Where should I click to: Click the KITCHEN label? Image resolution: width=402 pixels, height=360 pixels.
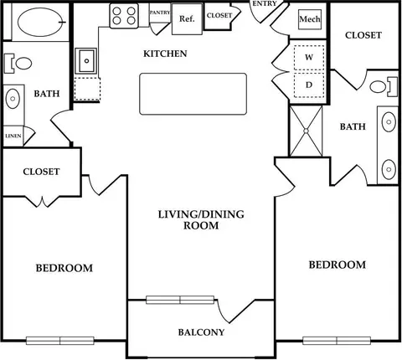165,54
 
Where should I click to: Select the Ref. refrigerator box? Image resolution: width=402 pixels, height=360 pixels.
187,19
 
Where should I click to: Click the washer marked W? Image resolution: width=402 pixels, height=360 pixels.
309,58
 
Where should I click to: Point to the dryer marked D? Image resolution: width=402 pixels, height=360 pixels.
309,85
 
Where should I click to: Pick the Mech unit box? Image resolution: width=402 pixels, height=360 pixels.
310,19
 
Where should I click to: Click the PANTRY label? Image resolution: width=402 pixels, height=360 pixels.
160,13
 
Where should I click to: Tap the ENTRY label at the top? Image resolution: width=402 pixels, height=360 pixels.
265,3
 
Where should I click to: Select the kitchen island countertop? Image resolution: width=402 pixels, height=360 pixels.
193,94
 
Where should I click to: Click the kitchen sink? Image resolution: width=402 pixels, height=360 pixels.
86,61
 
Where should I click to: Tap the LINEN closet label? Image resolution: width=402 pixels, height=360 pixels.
13,136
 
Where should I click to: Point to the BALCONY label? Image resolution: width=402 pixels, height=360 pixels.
201,332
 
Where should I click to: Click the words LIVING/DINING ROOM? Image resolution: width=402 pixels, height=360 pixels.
201,219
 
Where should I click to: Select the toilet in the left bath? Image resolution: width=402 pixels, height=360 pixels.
18,64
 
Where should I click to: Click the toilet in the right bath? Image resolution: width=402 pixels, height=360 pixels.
384,87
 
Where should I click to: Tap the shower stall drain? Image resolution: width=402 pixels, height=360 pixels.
306,131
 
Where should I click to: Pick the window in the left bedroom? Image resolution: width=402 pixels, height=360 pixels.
60,341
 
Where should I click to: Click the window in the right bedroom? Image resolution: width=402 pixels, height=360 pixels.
337,341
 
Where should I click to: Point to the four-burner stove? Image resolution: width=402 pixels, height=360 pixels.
124,16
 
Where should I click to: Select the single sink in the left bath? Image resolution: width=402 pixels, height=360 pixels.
13,99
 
